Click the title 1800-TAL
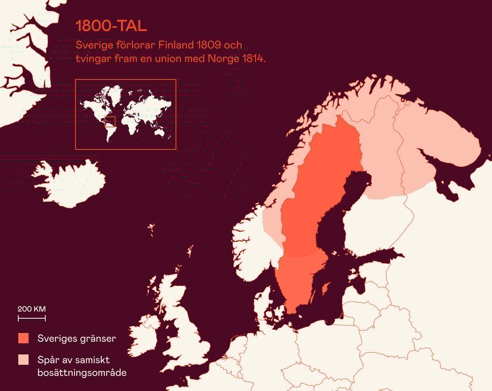pos(111,26)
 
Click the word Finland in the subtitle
pos(176,45)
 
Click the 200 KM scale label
pos(31,309)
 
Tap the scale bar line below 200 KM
pos(31,318)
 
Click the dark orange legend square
pos(23,338)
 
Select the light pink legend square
pos(23,360)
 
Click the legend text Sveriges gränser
pos(76,339)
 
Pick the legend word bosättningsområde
pos(82,373)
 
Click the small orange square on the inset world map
pos(110,122)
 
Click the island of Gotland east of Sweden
pos(325,288)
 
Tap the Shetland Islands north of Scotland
pos(190,252)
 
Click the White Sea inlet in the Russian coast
pos(441,175)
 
